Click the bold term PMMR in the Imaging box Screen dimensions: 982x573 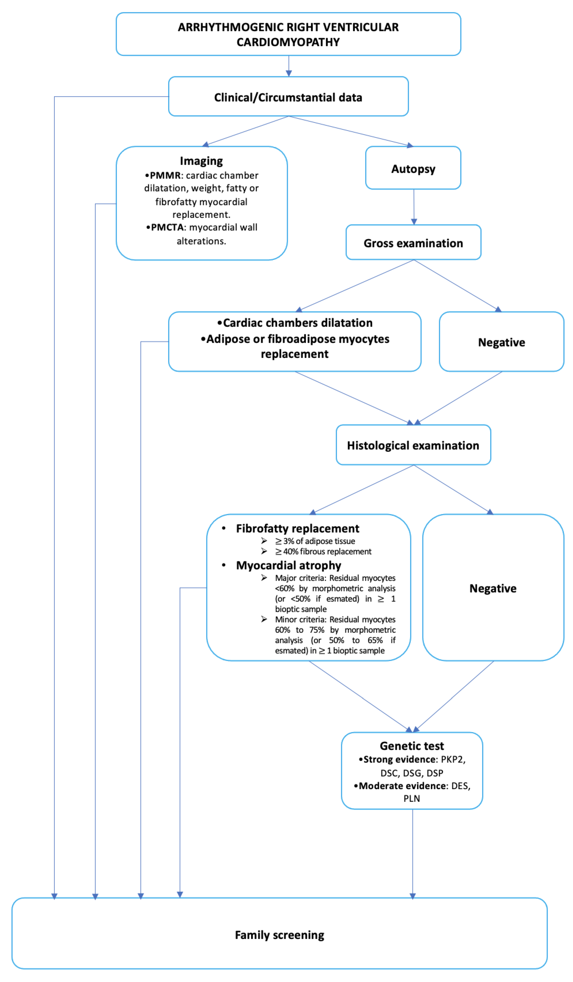(x=165, y=175)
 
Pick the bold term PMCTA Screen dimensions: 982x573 (x=167, y=227)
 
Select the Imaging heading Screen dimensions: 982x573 (x=201, y=161)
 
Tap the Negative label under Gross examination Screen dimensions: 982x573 (x=501, y=342)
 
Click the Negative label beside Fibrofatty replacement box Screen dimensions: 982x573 (x=493, y=588)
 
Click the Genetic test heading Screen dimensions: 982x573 (x=412, y=746)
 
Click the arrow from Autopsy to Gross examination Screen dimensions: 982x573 (x=414, y=206)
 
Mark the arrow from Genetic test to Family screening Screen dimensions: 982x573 (x=412, y=853)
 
